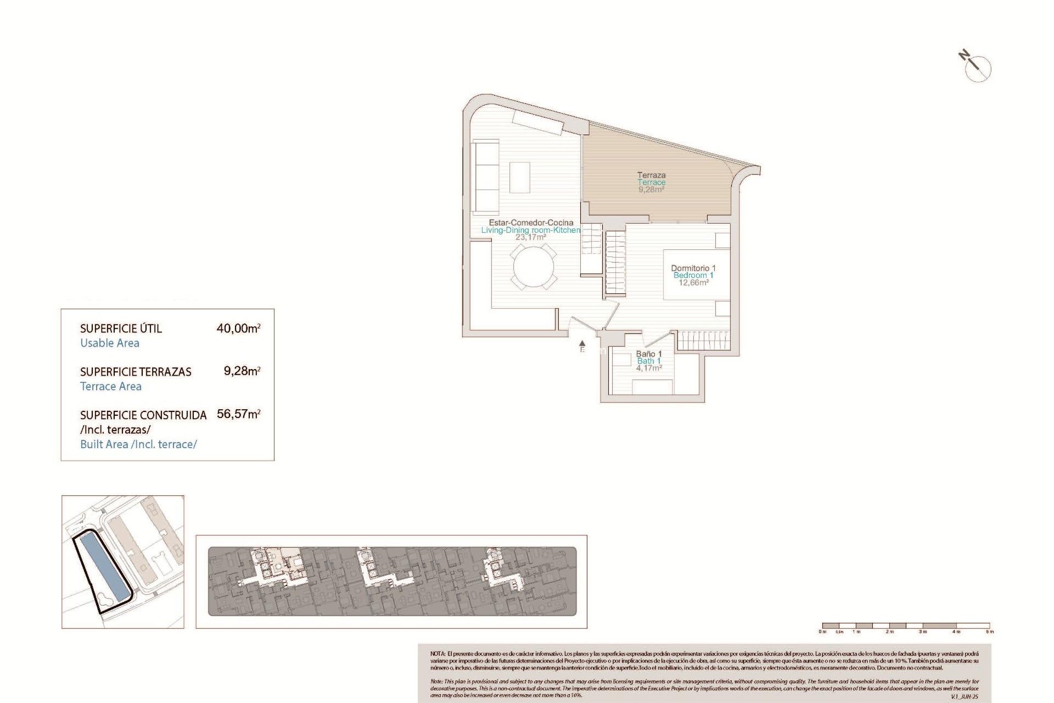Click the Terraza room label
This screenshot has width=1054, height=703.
tap(651, 175)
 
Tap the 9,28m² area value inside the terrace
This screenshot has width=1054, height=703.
tap(651, 189)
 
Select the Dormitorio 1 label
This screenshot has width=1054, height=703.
tap(693, 268)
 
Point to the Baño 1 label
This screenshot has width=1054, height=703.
tap(649, 354)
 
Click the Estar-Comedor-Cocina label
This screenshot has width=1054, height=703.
tap(531, 222)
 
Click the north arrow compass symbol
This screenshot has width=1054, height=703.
tap(977, 67)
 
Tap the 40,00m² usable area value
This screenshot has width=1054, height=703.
tap(238, 328)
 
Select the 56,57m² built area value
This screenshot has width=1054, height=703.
tap(238, 414)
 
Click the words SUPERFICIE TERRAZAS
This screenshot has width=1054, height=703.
tap(136, 372)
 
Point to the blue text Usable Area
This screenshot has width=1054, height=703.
tap(110, 343)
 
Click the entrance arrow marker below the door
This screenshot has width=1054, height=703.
tap(582, 344)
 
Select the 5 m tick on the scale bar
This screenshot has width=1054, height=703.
tap(989, 631)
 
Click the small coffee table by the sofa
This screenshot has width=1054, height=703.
tap(519, 177)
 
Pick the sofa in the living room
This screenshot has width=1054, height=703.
tap(485, 177)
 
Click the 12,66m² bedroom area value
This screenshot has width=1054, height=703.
tap(693, 283)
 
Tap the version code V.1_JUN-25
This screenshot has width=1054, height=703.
tap(964, 696)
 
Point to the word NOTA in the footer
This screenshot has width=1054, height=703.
tap(438, 654)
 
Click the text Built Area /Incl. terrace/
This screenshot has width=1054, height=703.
tap(138, 444)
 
